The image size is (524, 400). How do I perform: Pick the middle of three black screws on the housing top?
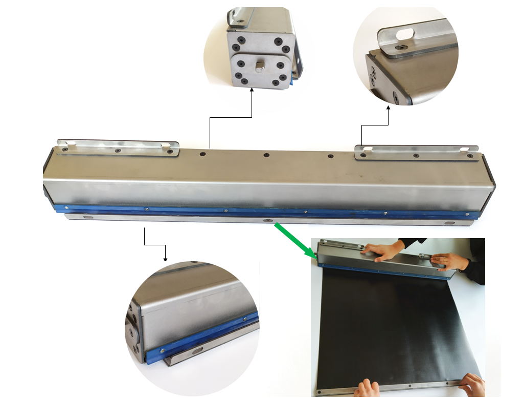[266, 155]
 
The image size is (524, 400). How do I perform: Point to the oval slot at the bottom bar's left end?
[88, 217]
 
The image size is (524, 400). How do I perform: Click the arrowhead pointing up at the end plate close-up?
[252, 91]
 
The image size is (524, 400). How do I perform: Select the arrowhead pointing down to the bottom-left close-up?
[165, 259]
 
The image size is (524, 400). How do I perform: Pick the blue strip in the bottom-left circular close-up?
[204, 335]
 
